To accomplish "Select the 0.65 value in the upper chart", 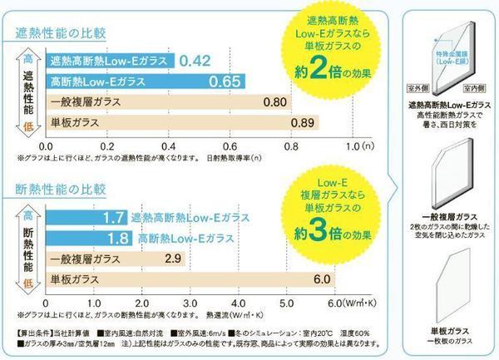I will coord(225,81).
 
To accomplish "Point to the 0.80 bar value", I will coord(275,102).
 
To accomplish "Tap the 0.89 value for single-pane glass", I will coord(303,123).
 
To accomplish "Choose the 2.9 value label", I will coord(175,259).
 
